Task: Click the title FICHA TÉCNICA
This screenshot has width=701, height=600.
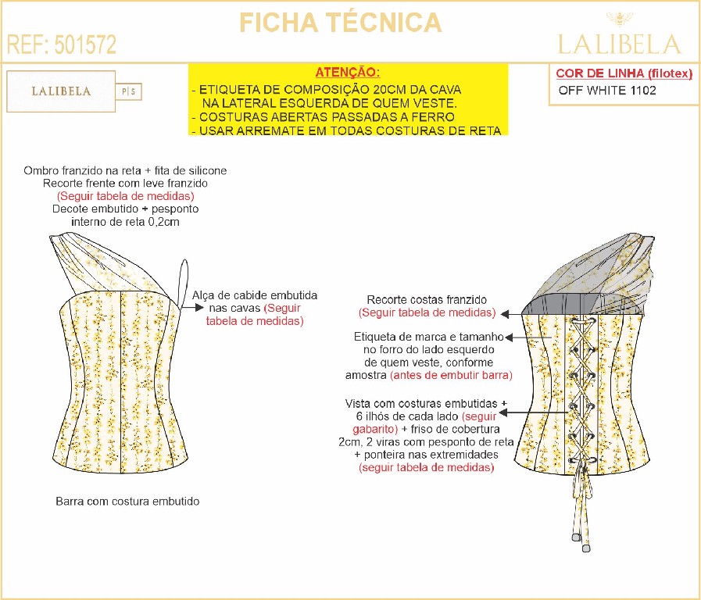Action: (x=341, y=23)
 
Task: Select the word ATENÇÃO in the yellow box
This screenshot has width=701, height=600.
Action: (x=347, y=71)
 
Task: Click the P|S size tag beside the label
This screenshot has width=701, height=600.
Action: (x=129, y=91)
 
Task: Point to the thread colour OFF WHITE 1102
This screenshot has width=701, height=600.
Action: (x=607, y=90)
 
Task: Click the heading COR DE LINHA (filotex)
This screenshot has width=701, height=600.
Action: (x=624, y=73)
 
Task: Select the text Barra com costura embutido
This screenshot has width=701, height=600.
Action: (x=127, y=501)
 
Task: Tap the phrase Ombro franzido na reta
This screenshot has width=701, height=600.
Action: (x=75, y=170)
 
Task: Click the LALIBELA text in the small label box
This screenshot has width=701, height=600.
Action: (x=61, y=91)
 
